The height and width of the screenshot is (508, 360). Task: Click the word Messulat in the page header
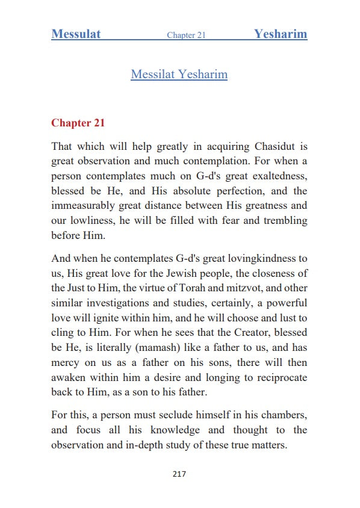(x=76, y=34)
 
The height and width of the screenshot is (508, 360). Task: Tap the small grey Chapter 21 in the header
(x=186, y=36)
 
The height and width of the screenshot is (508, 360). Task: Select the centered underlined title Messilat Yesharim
(x=179, y=75)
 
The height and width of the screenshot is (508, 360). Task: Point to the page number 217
(x=179, y=474)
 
